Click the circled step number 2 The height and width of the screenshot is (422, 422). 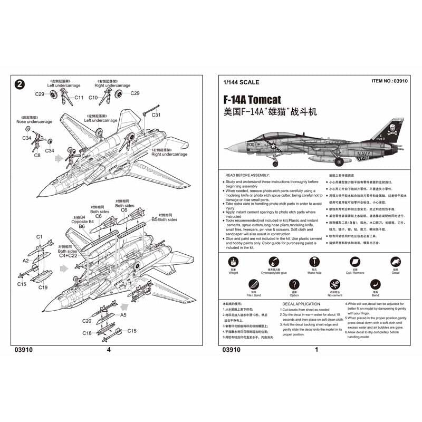click(x=20, y=84)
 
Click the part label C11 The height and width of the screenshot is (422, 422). click(x=79, y=97)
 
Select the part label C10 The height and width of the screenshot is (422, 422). click(x=93, y=97)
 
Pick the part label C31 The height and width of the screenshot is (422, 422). click(x=156, y=115)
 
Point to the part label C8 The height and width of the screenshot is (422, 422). click(x=37, y=156)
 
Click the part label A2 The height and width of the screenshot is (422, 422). click(x=25, y=261)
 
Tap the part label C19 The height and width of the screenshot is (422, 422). click(x=43, y=287)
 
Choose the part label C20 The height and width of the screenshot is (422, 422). click(x=87, y=320)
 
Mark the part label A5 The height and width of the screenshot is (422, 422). click(x=123, y=315)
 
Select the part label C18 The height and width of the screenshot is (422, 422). click(x=87, y=333)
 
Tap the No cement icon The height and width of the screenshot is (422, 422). click(x=333, y=285)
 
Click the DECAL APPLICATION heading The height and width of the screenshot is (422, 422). click(x=301, y=304)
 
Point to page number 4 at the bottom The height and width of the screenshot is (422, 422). click(x=109, y=349)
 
